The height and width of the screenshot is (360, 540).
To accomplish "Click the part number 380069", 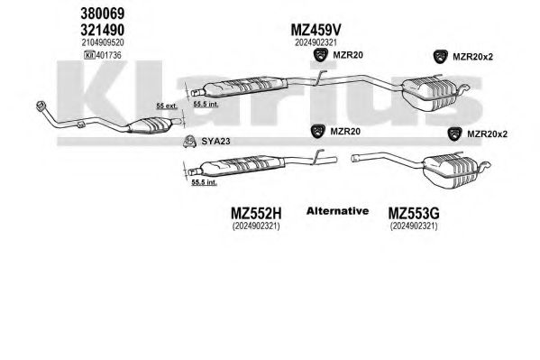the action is pyautogui.click(x=102, y=14).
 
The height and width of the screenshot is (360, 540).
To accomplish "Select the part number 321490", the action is pyautogui.click(x=102, y=31).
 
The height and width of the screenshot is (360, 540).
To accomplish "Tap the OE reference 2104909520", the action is pyautogui.click(x=103, y=42).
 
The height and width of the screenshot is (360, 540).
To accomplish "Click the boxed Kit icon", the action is pyautogui.click(x=89, y=55).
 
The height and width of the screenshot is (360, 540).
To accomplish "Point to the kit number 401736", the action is pyautogui.click(x=109, y=55).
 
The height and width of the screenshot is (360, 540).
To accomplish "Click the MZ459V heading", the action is pyautogui.click(x=316, y=31).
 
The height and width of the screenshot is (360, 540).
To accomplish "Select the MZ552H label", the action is pyautogui.click(x=256, y=214).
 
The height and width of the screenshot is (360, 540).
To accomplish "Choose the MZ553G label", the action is pyautogui.click(x=414, y=214).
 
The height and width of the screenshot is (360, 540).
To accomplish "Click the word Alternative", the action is pyautogui.click(x=337, y=211).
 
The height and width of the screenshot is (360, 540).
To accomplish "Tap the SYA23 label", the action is pyautogui.click(x=215, y=141).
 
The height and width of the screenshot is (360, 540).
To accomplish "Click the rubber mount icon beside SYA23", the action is pyautogui.click(x=189, y=142).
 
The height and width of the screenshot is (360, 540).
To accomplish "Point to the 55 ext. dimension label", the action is pyautogui.click(x=167, y=106).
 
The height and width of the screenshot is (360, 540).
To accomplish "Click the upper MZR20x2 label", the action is pyautogui.click(x=472, y=57).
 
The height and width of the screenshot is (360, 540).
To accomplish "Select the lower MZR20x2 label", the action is pyautogui.click(x=487, y=134).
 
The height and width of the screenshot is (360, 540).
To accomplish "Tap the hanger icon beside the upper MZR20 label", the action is pyautogui.click(x=321, y=55).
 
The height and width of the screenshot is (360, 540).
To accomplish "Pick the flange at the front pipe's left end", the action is pyautogui.click(x=41, y=106).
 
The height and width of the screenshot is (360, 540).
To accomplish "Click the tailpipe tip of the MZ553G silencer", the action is pyautogui.click(x=486, y=165).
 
